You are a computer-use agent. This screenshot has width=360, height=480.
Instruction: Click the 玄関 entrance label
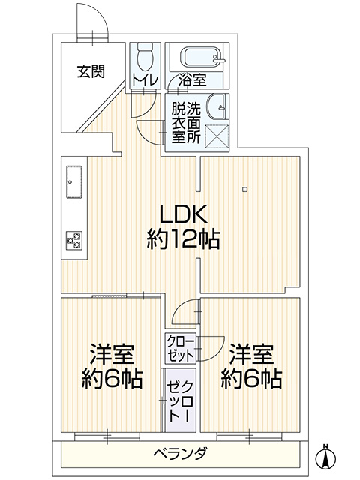(x=91, y=71)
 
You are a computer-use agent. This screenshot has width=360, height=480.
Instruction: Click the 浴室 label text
(x=192, y=80)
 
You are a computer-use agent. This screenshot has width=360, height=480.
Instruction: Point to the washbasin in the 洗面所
(x=217, y=108)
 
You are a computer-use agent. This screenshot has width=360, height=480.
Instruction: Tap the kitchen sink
(x=73, y=181)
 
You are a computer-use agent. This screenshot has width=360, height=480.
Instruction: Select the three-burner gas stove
(x=74, y=240)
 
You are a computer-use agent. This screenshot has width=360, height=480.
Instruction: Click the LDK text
(x=183, y=214)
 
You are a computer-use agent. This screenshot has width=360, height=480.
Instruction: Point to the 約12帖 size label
(x=183, y=239)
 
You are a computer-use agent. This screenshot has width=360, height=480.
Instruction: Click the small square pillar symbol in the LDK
(x=244, y=190)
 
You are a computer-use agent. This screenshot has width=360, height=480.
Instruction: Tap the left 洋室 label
(x=112, y=354)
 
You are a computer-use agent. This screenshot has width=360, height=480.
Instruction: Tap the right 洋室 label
(x=252, y=354)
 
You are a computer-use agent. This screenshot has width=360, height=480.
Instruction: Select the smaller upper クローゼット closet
(x=181, y=349)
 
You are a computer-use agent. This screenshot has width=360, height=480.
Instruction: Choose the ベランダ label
(x=180, y=453)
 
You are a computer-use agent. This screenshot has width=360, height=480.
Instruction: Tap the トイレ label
(x=145, y=79)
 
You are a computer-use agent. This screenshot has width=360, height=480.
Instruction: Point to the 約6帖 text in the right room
(x=252, y=379)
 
